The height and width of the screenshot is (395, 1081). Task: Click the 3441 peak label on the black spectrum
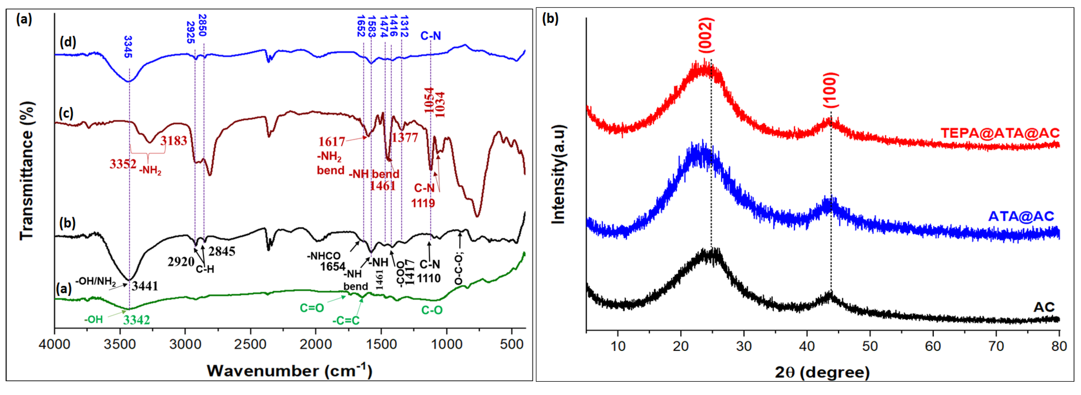coord(145,286)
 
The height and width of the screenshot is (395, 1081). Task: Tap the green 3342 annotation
coord(136,320)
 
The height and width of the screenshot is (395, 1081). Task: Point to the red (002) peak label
coord(706,35)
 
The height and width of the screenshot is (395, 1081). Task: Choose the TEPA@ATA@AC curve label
coord(1000,133)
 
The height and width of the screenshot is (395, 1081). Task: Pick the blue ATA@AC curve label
coord(1020,216)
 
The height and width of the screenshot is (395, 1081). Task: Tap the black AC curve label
coord(1044,307)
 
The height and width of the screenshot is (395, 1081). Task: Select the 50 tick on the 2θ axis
coord(870,346)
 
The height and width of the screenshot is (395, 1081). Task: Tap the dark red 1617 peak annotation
coord(331,141)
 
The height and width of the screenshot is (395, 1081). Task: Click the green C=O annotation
coord(312,308)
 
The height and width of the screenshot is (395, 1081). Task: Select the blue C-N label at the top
coord(431,36)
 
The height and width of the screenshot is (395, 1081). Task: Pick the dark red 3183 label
coord(174,141)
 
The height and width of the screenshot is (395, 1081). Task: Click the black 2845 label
coord(222,251)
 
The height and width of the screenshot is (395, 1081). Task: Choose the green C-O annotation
coord(432,310)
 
